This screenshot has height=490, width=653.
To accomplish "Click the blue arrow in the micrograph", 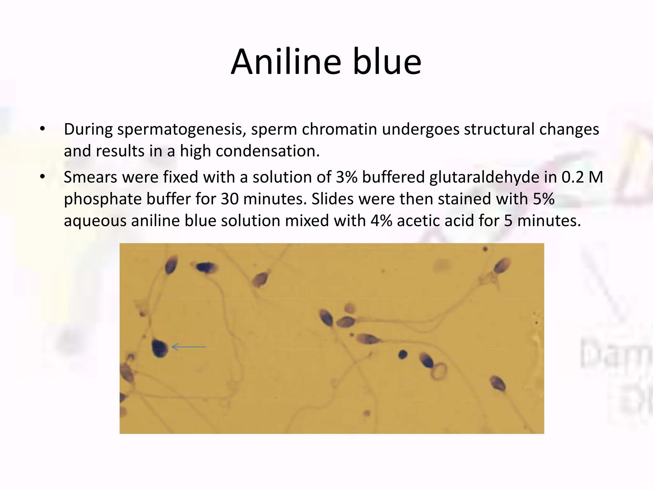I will tap(189, 347).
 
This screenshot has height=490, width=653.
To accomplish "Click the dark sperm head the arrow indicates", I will tap(159, 348).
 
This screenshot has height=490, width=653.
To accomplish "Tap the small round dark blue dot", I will tap(403, 354).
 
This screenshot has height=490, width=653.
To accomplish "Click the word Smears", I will tap(90, 177).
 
